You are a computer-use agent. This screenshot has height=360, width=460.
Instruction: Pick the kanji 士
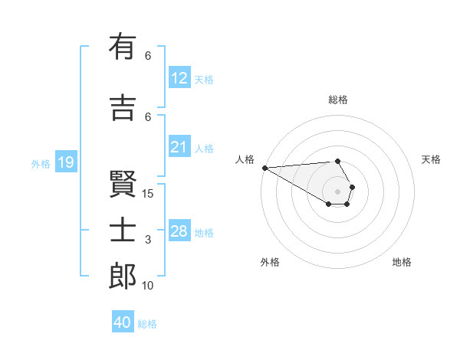coord(123,231)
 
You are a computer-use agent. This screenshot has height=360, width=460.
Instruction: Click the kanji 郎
coord(123,277)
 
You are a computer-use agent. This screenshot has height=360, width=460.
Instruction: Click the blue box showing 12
coord(179,78)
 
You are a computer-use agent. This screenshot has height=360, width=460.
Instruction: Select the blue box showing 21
coord(179,147)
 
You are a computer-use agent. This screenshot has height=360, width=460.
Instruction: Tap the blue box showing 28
coord(179,231)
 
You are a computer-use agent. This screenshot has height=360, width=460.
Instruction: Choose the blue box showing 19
coord(65,162)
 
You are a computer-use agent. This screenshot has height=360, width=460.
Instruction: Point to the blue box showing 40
coord(123,322)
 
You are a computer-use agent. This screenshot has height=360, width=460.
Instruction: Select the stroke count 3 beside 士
coord(148,240)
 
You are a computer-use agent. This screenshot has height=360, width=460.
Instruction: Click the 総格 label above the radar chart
coord(337,100)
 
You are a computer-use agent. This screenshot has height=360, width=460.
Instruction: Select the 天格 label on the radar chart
coord(432,159)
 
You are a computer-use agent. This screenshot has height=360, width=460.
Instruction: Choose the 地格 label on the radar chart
coord(402,262)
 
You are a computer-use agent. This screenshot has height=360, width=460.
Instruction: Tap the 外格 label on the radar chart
coord(270,262)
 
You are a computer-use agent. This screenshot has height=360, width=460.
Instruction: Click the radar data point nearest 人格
coord(264,168)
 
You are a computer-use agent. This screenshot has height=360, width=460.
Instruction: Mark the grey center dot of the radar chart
coord(337,191)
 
